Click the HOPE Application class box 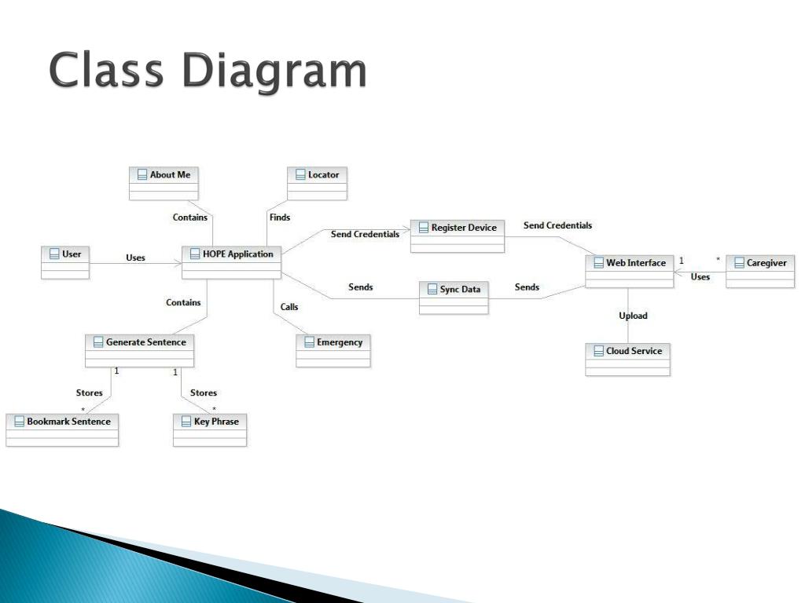pos(231,261)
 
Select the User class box pos(65,261)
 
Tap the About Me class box pos(164,182)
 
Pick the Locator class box pos(318,182)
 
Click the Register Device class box pos(458,236)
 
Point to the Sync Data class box pos(453,298)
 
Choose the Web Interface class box pos(629,271)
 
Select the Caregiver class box pos(760,271)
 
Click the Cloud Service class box pos(627,359)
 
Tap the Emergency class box pos(333,350)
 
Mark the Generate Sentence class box pos(139,350)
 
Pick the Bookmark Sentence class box pos(62,429)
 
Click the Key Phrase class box pos(209,429)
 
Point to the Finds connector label pos(279,217)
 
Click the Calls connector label pos(289,307)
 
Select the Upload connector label pos(633,316)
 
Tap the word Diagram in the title pos(274,71)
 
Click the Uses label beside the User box pos(135,258)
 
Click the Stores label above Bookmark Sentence pos(89,393)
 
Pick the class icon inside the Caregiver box pos(739,263)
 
